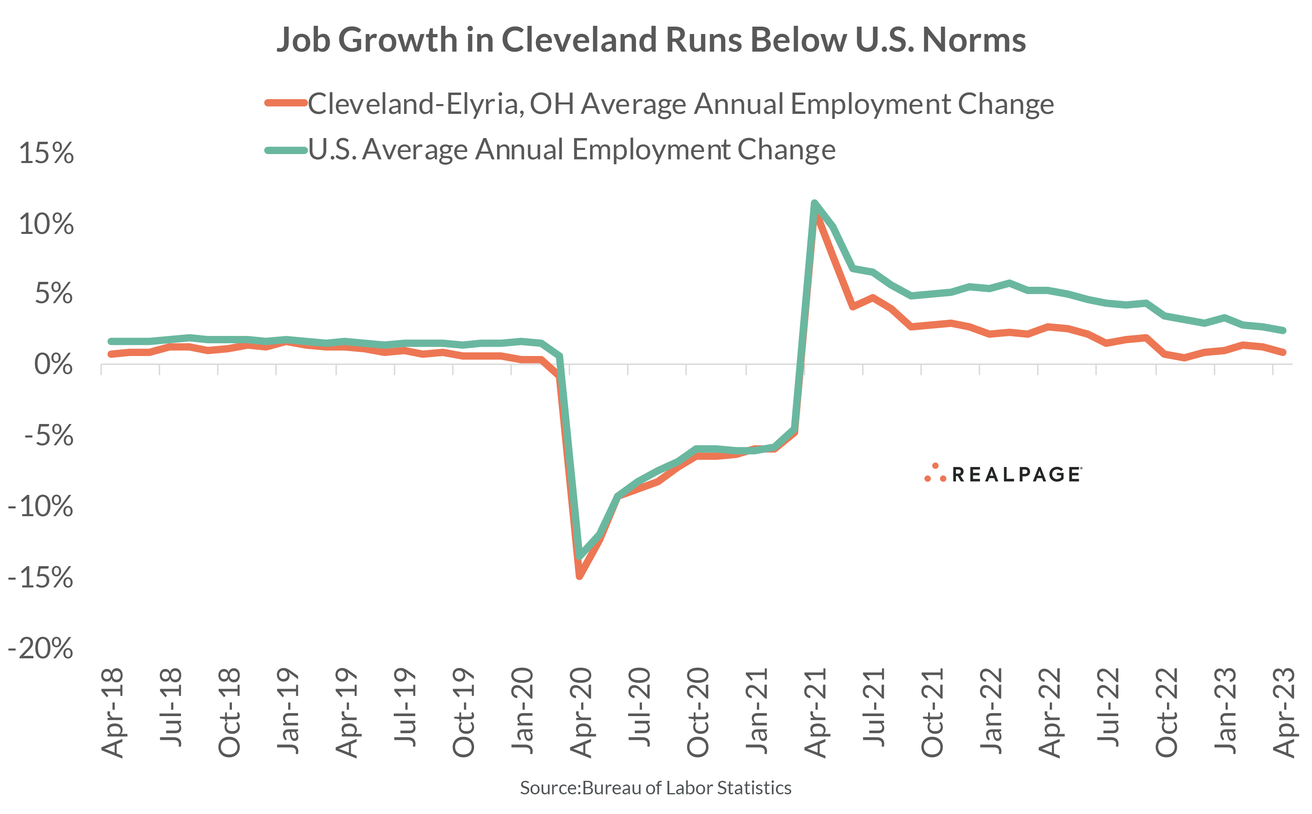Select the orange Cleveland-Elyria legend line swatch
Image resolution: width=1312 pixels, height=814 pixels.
click(x=286, y=103)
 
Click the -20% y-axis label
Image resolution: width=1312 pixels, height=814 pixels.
click(x=41, y=648)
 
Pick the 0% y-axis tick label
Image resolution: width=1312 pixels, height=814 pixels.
click(x=53, y=365)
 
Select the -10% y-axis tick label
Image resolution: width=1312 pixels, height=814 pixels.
click(x=41, y=507)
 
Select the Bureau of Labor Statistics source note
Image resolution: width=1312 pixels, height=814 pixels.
click(x=655, y=788)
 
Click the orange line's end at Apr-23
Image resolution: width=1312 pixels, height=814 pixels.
click(x=1283, y=352)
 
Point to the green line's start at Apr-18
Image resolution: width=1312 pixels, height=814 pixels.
click(x=111, y=341)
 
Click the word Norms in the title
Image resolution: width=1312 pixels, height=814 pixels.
click(x=974, y=41)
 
